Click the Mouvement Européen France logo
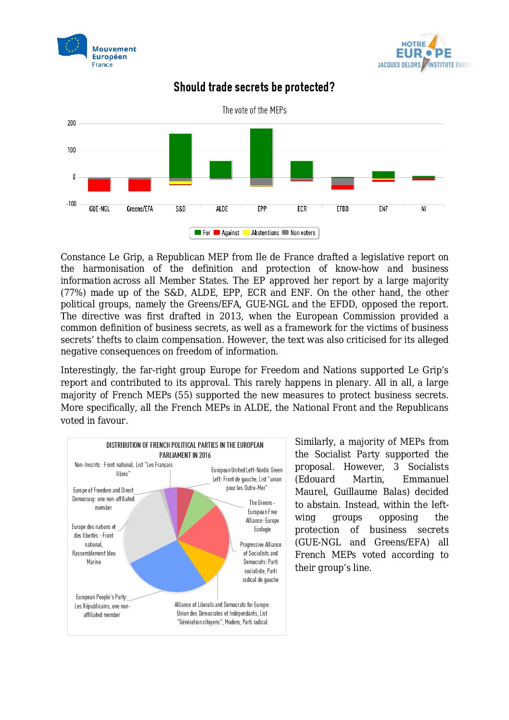tap(97, 51)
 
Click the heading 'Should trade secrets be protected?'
tap(254, 87)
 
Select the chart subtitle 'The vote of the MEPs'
tap(254, 110)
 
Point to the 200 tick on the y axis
tap(72, 123)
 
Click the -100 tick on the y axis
tap(71, 204)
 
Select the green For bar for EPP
tap(261, 153)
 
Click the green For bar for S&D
tap(180, 155)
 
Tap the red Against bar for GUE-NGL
tap(99, 185)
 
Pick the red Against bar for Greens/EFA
tap(140, 185)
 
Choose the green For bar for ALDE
tap(221, 169)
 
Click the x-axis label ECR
tap(302, 209)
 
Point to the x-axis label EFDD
tap(343, 209)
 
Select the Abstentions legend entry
tap(261, 233)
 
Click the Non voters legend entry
tap(299, 233)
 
